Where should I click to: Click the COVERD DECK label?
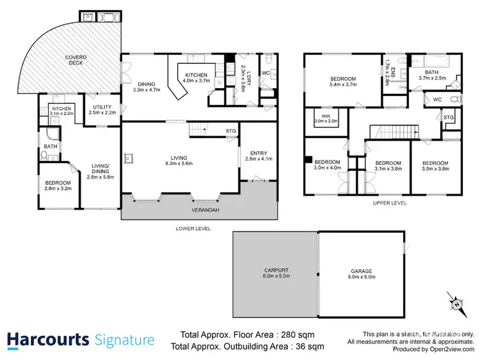click(76, 59)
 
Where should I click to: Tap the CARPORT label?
click(276, 270)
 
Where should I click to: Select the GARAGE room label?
click(361, 270)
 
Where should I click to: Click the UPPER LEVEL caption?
click(389, 203)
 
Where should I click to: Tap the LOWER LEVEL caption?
click(193, 228)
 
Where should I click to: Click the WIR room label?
click(325, 116)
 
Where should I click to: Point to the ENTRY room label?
click(259, 153)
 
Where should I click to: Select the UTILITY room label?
click(102, 107)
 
